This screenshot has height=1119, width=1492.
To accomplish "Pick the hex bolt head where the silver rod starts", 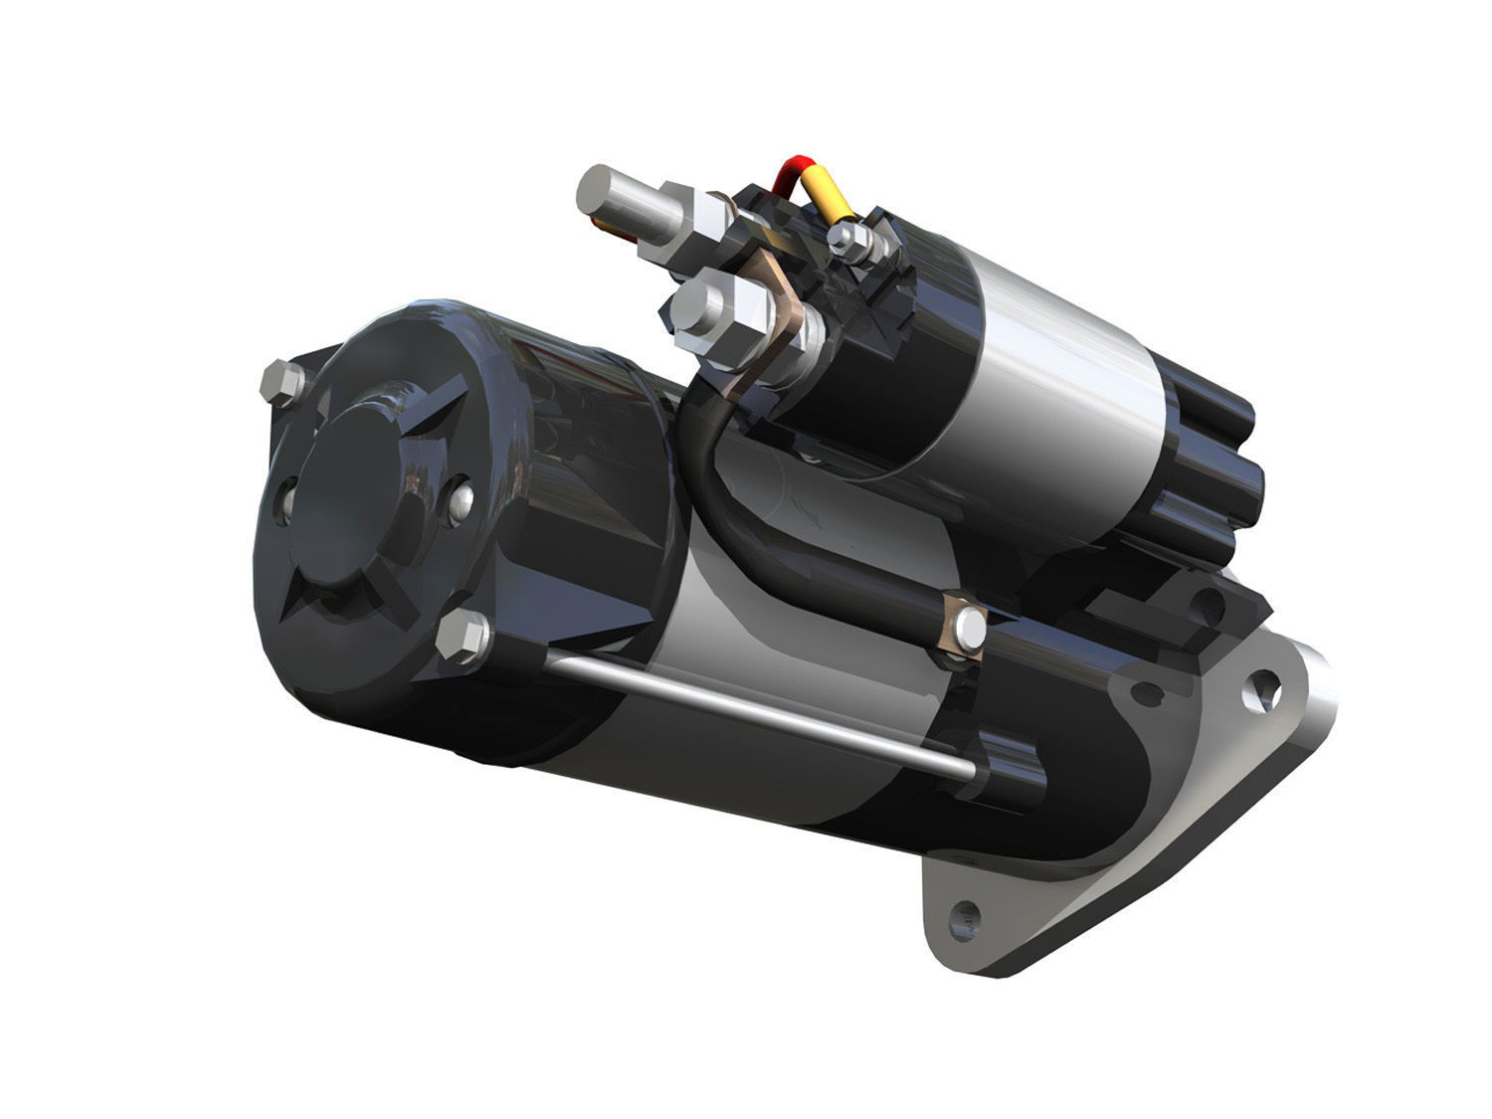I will pyautogui.click(x=464, y=636).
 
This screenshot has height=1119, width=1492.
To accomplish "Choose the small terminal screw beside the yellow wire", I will pyautogui.click(x=846, y=237).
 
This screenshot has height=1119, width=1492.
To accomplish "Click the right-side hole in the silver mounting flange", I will pyautogui.click(x=1265, y=686).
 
